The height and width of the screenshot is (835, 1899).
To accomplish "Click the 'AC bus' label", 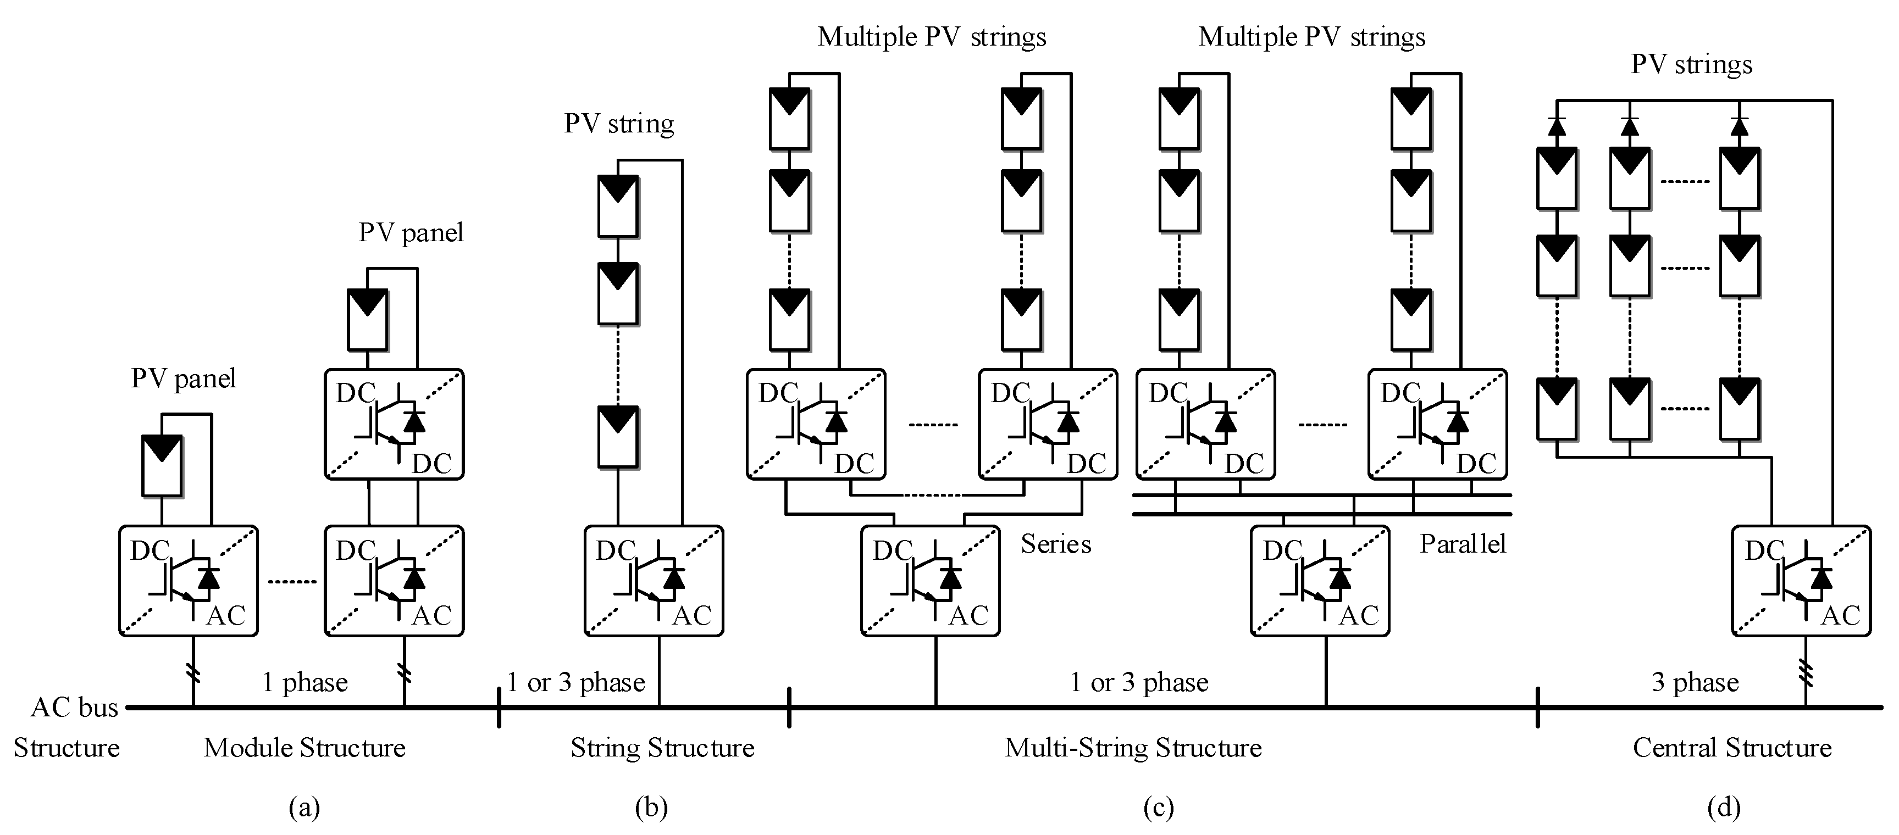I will pyautogui.click(x=74, y=708).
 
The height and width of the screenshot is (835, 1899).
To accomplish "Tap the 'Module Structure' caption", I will pyautogui.click(x=304, y=748).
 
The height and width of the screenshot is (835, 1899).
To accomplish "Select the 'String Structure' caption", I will pyautogui.click(x=662, y=748).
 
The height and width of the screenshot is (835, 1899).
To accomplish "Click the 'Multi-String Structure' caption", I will pyautogui.click(x=1133, y=748).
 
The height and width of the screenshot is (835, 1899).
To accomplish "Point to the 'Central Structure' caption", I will pyautogui.click(x=1732, y=748).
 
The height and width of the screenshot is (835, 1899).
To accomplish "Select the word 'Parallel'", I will pyautogui.click(x=1463, y=544).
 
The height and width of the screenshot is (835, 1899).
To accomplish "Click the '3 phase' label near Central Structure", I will pyautogui.click(x=1695, y=682).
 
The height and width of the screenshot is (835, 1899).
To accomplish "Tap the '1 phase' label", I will pyautogui.click(x=304, y=682).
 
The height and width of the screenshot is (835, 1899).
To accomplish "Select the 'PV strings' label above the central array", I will pyautogui.click(x=1691, y=64).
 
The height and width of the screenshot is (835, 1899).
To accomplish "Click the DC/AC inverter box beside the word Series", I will pyautogui.click(x=931, y=581).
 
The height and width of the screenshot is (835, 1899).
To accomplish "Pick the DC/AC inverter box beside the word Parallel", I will pyautogui.click(x=1320, y=581).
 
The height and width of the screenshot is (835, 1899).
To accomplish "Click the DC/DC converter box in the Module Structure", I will pyautogui.click(x=395, y=425).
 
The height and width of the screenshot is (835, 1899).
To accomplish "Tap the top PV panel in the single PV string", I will pyautogui.click(x=618, y=207).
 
